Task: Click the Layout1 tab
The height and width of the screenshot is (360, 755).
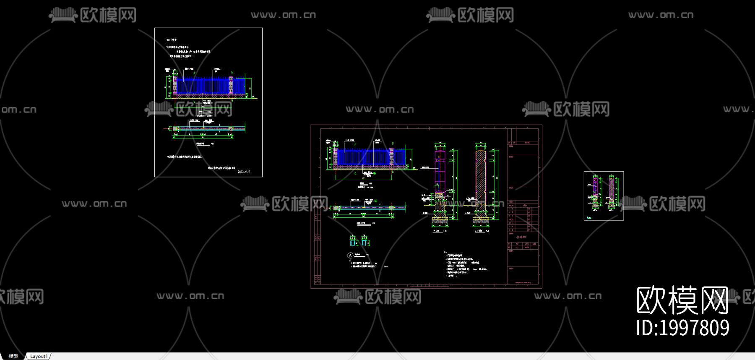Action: [x=39, y=356]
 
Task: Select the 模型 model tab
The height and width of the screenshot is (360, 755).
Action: [x=13, y=356]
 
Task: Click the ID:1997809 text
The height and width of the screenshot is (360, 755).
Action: [x=682, y=328]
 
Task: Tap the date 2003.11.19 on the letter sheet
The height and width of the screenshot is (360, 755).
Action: [x=244, y=172]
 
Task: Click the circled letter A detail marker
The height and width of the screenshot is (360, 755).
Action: [x=351, y=255]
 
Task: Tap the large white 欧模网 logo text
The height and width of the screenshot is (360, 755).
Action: [x=682, y=300]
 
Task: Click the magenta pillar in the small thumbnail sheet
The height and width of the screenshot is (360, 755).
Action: [x=595, y=191]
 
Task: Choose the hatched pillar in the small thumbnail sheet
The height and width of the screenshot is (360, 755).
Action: [x=611, y=191]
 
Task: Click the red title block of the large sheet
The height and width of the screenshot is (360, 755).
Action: [x=523, y=206]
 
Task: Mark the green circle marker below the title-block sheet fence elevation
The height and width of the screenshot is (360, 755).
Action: [x=375, y=201]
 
